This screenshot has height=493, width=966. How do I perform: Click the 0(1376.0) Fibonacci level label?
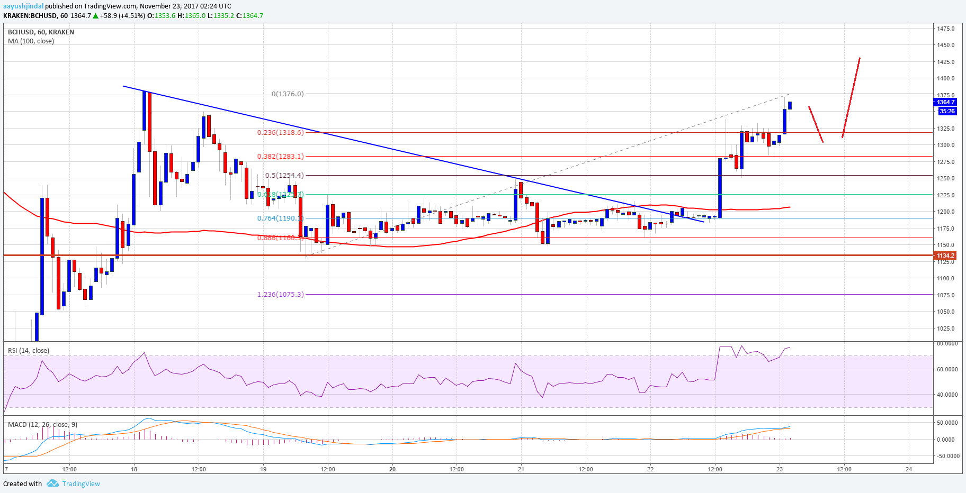click(288, 94)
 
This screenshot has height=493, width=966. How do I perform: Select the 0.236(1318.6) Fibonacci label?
click(281, 133)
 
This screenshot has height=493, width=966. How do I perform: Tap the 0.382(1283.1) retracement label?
click(281, 157)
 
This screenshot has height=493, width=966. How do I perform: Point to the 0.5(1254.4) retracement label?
click(284, 176)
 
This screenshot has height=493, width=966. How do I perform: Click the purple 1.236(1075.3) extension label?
click(281, 295)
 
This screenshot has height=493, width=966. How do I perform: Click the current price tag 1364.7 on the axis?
click(945, 102)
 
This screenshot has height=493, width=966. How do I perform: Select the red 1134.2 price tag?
click(945, 255)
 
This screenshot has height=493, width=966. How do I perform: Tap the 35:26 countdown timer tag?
click(947, 111)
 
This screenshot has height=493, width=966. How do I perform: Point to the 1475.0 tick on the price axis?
click(945, 29)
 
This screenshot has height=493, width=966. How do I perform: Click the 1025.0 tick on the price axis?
click(945, 328)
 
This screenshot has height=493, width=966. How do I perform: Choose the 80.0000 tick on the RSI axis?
click(946, 343)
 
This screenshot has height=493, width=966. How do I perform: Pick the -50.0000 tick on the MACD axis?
click(947, 456)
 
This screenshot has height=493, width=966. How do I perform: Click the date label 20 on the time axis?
click(392, 469)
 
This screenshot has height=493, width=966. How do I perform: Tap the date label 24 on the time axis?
click(909, 469)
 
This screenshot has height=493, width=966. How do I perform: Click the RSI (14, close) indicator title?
click(29, 351)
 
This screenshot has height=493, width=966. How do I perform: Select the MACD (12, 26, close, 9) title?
click(42, 425)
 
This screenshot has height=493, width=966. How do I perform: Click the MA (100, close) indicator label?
click(31, 41)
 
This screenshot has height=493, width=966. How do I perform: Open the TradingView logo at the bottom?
click(74, 483)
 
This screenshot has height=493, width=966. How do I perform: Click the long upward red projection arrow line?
click(851, 97)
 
